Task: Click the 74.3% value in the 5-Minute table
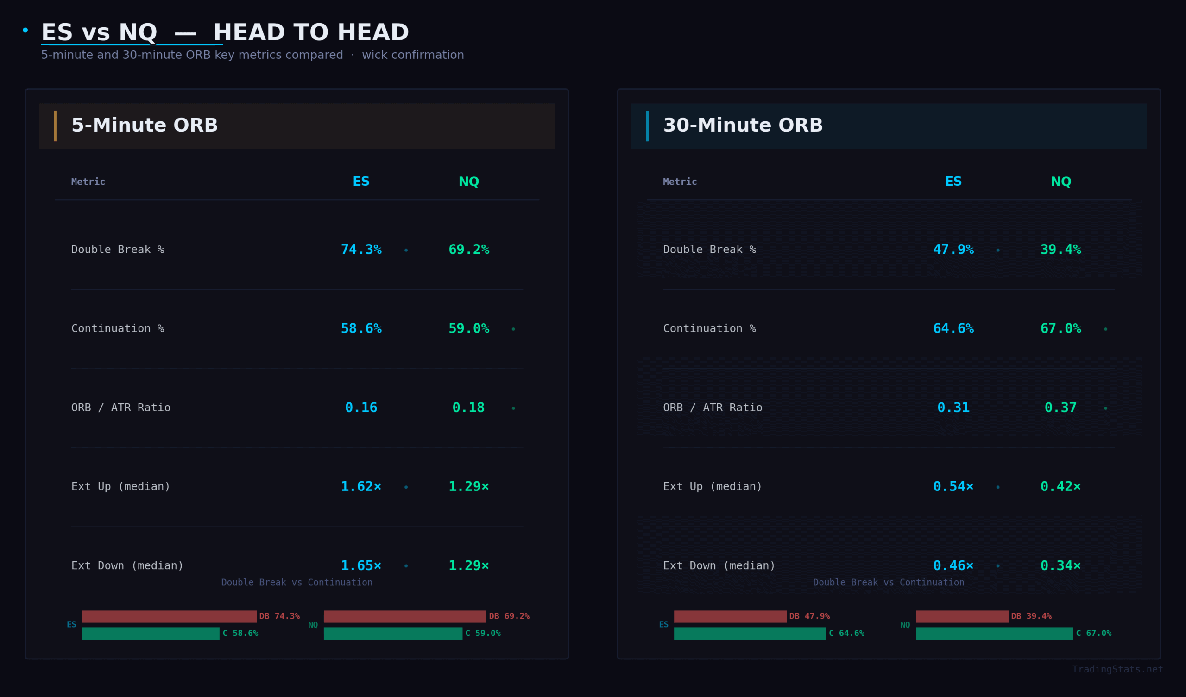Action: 361,250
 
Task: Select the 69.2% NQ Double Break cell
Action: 468,250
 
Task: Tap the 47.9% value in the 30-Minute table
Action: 953,250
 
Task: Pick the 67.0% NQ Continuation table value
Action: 1060,328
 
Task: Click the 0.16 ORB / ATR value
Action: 361,408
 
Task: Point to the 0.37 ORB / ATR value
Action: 1060,408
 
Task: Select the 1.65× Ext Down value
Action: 361,565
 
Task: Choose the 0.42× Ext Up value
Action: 1060,486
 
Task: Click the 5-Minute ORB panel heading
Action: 145,125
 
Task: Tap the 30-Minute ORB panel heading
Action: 743,125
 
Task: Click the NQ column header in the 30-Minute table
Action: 1061,182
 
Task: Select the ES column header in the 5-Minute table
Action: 361,182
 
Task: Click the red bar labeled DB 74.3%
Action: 169,616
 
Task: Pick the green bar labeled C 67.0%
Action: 994,634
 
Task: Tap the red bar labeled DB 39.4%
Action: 961,616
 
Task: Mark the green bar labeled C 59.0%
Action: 392,634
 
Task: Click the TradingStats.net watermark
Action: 1117,669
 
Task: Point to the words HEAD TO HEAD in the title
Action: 311,32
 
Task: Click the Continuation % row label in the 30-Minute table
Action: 709,328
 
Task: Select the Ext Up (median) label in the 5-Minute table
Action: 120,486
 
